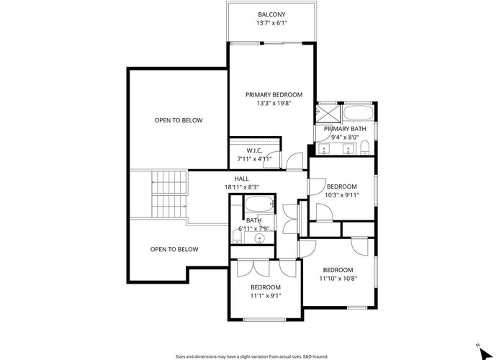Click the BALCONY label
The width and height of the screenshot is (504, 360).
point(271,14)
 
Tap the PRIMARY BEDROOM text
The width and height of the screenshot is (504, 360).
point(274,95)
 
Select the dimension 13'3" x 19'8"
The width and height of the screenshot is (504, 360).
point(274,104)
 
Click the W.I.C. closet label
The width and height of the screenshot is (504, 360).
point(255,150)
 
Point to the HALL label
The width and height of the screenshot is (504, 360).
point(241,179)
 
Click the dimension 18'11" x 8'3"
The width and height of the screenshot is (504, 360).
point(242,187)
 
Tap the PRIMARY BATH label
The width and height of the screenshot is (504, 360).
point(345,129)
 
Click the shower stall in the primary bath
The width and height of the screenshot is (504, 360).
point(328,114)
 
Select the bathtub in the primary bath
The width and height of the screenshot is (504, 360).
point(358,113)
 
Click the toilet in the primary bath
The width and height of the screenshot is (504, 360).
point(364,148)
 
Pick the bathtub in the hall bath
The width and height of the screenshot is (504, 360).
point(260,204)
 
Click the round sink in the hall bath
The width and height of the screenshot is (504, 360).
point(259,239)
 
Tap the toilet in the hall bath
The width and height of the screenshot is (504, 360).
point(237,237)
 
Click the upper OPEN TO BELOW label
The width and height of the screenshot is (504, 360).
point(179,120)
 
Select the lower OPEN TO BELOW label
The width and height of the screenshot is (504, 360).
point(174,249)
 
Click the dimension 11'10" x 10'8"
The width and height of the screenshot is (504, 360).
point(338,279)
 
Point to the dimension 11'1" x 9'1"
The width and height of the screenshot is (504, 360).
point(266,296)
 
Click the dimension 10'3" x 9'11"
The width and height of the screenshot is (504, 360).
point(342,195)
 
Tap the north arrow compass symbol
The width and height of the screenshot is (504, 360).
point(485,353)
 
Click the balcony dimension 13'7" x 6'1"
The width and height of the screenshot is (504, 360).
point(271,23)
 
